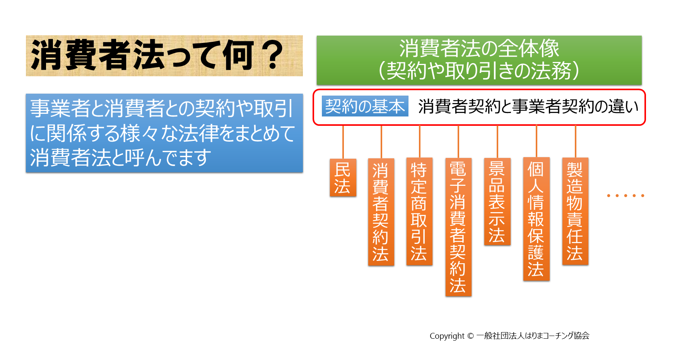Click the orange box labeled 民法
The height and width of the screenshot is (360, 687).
click(343, 178)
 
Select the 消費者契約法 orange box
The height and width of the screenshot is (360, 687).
click(381, 212)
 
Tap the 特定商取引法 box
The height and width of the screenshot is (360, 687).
click(419, 211)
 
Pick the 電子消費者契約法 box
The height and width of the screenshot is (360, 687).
click(458, 227)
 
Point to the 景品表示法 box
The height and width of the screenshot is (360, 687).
click(497, 201)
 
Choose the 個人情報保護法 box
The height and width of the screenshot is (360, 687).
click(537, 219)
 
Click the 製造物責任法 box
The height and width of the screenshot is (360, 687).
click(575, 211)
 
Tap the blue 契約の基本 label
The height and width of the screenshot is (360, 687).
click(365, 106)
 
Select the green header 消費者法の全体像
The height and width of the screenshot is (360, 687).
click(479, 60)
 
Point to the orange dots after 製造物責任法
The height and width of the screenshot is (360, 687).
click(625, 195)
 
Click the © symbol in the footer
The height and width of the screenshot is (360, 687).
click(470, 336)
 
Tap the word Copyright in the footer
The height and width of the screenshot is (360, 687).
click(447, 336)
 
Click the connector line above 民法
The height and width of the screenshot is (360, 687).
click(343, 142)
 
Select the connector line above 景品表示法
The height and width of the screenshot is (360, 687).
click(497, 142)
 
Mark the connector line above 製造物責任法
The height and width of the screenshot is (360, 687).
click(575, 141)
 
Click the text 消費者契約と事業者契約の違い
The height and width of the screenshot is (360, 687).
click(528, 106)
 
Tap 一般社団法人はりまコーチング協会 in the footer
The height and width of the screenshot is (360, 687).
click(533, 336)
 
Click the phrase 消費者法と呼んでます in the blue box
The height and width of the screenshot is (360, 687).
click(121, 158)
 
